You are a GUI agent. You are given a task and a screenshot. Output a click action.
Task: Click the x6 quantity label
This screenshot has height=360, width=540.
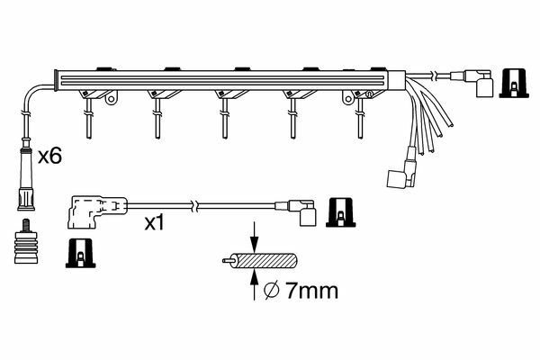(x=49, y=157)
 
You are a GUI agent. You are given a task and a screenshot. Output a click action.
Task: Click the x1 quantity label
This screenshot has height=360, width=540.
(x=155, y=223)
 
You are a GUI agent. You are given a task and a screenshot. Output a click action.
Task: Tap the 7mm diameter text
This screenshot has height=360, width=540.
(x=312, y=291)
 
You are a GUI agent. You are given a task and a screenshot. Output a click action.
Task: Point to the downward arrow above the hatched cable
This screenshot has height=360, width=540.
(x=254, y=237)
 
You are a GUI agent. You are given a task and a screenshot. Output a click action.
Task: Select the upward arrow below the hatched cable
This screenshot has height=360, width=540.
(x=254, y=285)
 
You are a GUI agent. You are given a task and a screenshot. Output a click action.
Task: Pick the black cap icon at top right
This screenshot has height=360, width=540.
(x=514, y=83)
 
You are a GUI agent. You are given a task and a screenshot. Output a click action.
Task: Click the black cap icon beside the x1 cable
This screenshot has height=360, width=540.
(x=340, y=212)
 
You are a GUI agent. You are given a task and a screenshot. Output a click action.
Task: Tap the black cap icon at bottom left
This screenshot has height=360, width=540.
(x=81, y=253)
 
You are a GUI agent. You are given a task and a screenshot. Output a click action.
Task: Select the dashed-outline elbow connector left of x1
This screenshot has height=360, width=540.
(x=97, y=212)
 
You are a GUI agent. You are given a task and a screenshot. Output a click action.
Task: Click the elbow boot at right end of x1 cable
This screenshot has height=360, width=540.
(x=299, y=212)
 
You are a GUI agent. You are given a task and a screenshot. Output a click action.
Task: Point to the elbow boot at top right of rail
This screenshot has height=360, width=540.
(x=474, y=83)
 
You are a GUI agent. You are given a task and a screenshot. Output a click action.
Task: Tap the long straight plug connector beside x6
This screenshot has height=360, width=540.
(x=26, y=175)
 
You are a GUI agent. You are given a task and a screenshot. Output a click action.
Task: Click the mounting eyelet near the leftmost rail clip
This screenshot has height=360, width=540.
(x=111, y=99)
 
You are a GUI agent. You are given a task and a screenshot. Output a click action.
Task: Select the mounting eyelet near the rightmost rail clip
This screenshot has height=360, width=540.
(x=348, y=98)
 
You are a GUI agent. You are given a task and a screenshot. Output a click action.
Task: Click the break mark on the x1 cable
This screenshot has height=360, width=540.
(x=194, y=206)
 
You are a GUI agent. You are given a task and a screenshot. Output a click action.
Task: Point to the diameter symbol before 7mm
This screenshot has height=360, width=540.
(x=271, y=292)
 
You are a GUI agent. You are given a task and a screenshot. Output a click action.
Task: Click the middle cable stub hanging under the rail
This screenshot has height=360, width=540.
(x=225, y=119)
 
